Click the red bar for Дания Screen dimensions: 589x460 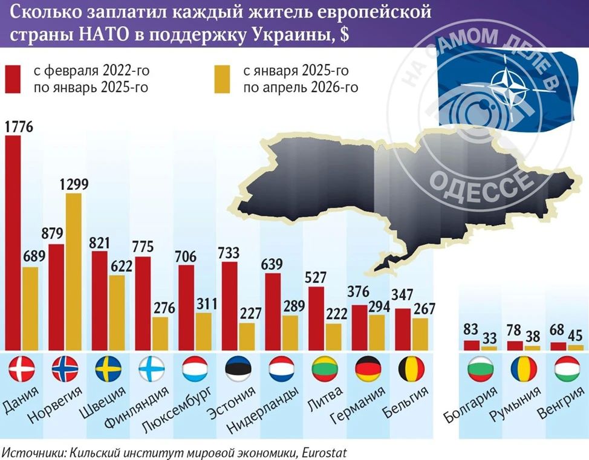(x=13, y=243)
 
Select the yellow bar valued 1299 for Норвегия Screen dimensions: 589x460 (x=74, y=272)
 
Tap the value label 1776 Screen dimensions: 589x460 (x=19, y=126)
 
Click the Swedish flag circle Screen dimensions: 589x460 (x=108, y=369)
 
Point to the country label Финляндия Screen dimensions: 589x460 (x=136, y=407)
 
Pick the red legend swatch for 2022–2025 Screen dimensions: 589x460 (x=12, y=79)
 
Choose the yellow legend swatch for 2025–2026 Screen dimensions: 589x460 (x=222, y=79)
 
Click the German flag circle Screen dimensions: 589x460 (x=368, y=369)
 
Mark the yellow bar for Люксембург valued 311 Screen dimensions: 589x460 (x=204, y=332)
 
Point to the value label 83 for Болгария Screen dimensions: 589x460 (x=470, y=329)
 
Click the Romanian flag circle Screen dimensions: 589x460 (x=524, y=369)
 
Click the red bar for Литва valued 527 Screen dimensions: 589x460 (x=316, y=319)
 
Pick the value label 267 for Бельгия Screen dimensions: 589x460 (x=424, y=309)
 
